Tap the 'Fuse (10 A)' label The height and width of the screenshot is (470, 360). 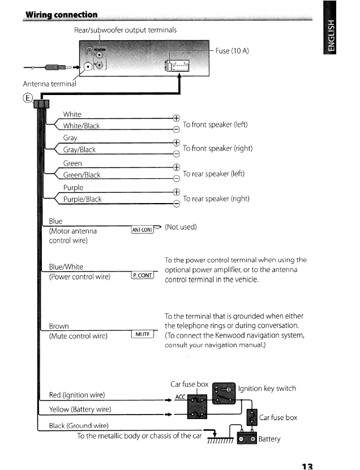pyautogui.click(x=232, y=51)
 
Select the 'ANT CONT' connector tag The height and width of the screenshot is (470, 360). pyautogui.click(x=143, y=229)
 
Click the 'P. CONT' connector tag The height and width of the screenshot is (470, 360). pyautogui.click(x=143, y=275)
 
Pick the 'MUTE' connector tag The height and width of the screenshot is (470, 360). pyautogui.click(x=142, y=334)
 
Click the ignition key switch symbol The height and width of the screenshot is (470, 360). pyautogui.click(x=222, y=390)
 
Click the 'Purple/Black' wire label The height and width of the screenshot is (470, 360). pyautogui.click(x=82, y=199)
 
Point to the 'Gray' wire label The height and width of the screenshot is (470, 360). pyautogui.click(x=70, y=137)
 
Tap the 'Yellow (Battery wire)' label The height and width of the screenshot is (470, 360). pyautogui.click(x=80, y=409)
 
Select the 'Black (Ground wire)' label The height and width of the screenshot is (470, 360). pyautogui.click(x=79, y=425)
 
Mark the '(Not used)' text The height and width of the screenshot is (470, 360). pyautogui.click(x=181, y=227)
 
